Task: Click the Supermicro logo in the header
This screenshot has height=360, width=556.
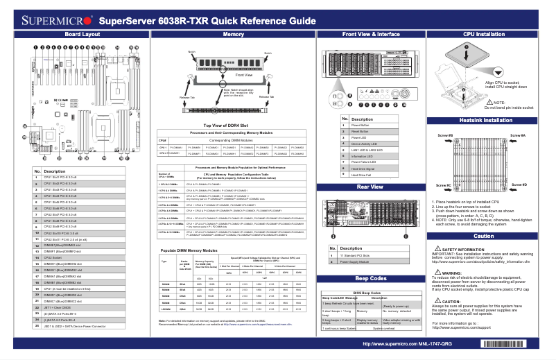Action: tap(50, 19)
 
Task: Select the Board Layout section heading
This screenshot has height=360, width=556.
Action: tap(82, 34)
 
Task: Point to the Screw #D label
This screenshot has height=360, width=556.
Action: tap(520, 185)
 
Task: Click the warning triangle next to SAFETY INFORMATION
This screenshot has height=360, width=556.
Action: tap(435, 248)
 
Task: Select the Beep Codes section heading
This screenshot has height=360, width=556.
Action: tap(371, 277)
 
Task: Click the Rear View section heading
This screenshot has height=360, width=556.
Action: tap(371, 187)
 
